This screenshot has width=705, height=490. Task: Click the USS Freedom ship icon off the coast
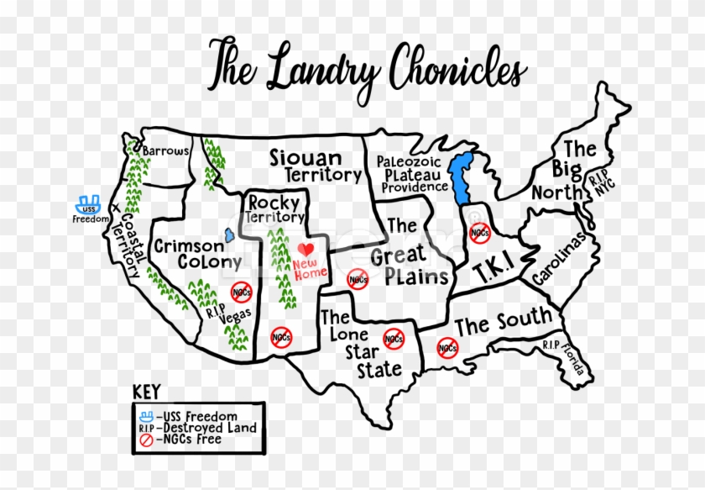(88, 203)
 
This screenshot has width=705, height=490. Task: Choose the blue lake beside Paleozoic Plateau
(459, 177)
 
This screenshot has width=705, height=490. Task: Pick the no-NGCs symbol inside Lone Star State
(393, 339)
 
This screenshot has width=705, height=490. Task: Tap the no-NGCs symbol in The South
(446, 347)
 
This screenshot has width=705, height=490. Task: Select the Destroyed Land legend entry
(199, 428)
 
